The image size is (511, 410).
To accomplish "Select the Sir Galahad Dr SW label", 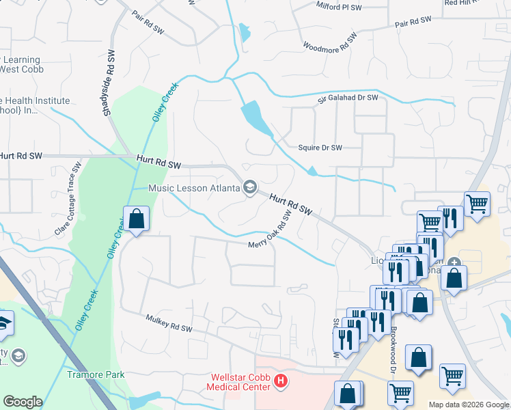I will pyautogui.click(x=347, y=98).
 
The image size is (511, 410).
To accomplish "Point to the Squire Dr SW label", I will pyautogui.click(x=320, y=148).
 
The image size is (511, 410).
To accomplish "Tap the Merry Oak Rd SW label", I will pyautogui.click(x=270, y=232).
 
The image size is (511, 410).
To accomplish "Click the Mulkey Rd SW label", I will pyautogui.click(x=168, y=323).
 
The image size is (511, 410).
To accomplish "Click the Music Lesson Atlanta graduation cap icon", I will pyautogui.click(x=250, y=187).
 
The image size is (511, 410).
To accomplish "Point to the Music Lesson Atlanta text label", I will pyautogui.click(x=194, y=188).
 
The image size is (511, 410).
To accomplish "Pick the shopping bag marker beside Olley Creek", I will pyautogui.click(x=136, y=219).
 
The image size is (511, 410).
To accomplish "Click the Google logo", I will pyautogui.click(x=23, y=402).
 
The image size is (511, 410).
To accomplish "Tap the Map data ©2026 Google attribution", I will pyautogui.click(x=469, y=405).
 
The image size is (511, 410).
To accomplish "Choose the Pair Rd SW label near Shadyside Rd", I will pyautogui.click(x=148, y=30).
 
